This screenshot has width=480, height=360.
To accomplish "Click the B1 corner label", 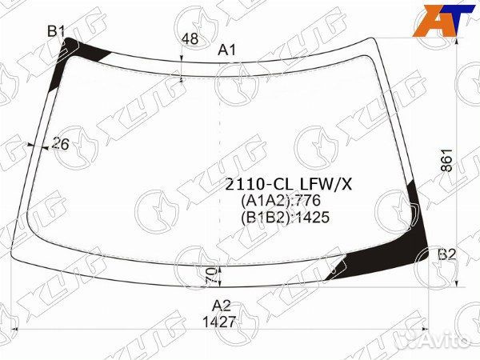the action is [56, 31].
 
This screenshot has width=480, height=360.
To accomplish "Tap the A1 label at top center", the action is [227, 50].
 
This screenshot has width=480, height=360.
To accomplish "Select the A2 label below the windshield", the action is [222, 306].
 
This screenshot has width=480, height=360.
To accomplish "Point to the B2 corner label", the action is [447, 254].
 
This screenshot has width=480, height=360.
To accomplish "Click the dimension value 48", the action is [190, 39].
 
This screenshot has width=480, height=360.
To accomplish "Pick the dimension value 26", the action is [61, 143].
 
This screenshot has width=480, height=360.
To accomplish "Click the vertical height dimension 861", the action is [446, 160].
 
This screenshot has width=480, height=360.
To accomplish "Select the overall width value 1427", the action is [219, 322].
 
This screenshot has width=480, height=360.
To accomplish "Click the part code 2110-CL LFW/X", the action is [288, 185].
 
